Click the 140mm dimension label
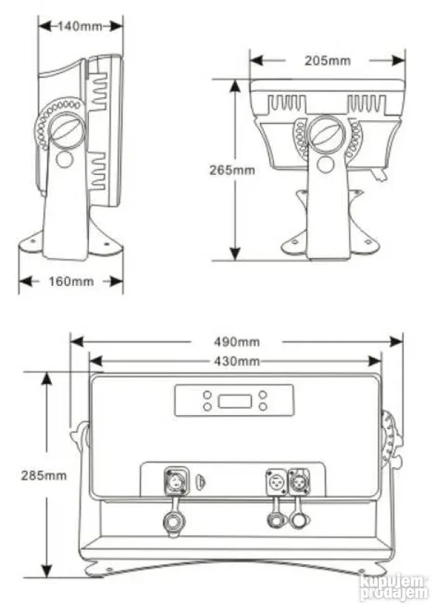click(80, 26)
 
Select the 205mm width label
click(327, 60)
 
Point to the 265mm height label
click(232, 169)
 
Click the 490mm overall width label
click(236, 342)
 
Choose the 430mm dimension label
click(236, 361)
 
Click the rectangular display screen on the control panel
click(234, 401)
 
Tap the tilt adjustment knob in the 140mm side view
click(69, 129)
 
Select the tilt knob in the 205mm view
click(325, 133)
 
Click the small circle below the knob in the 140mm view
click(64, 159)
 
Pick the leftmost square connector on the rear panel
click(173, 482)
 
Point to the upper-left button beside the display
click(208, 394)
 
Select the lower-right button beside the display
click(262, 406)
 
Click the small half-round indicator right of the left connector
click(201, 482)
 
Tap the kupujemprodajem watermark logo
click(394, 586)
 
